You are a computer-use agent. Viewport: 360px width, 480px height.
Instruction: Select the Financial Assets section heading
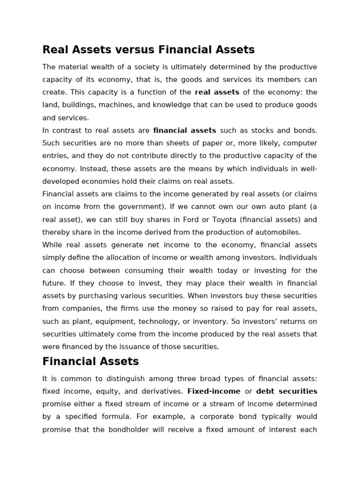[x=90, y=361]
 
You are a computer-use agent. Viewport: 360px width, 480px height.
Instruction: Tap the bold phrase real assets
[x=217, y=92]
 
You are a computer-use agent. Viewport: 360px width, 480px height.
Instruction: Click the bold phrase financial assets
[x=185, y=130]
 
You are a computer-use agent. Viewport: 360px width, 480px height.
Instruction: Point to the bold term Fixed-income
[x=214, y=391]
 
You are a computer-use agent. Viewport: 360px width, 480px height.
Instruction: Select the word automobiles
[x=277, y=232]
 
